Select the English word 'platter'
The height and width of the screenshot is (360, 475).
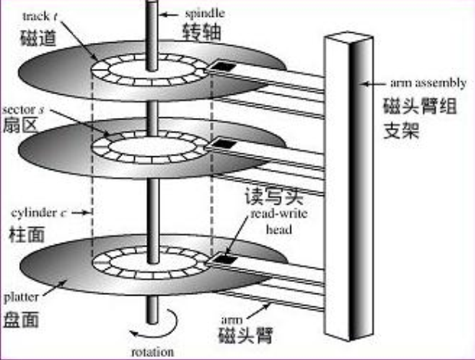click(x=20, y=293)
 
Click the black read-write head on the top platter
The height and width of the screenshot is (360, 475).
click(x=222, y=67)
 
